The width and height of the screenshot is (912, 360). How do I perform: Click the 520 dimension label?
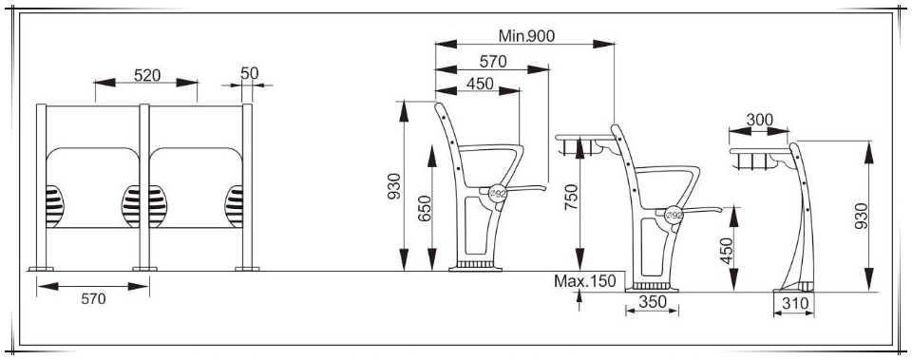[x=147, y=75]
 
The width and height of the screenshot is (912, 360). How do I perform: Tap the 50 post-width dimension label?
[x=250, y=73]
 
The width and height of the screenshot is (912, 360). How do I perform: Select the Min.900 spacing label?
[x=526, y=36]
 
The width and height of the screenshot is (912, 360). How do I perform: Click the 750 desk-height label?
[x=571, y=198]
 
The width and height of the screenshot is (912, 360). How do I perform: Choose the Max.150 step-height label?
[x=584, y=281]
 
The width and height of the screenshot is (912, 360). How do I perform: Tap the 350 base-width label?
[x=652, y=302]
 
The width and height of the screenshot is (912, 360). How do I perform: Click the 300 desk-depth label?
[x=760, y=120]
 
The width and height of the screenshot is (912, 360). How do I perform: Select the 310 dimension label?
[x=794, y=303]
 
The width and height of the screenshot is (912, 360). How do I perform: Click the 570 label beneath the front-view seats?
[x=94, y=299]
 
